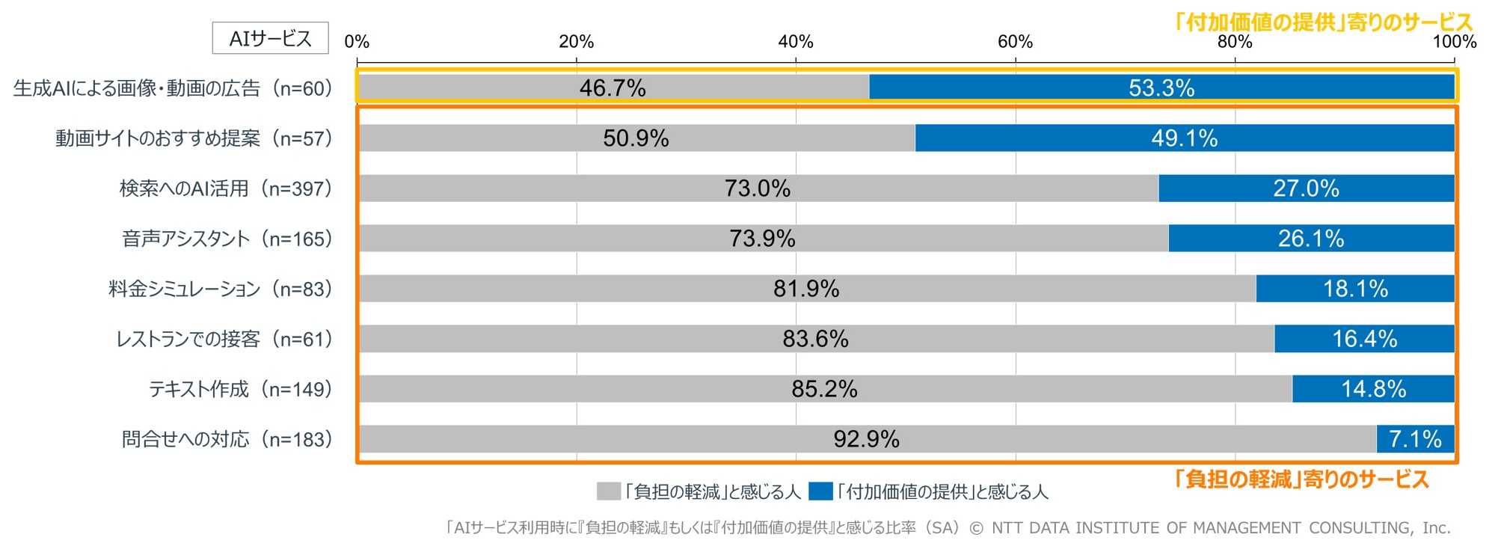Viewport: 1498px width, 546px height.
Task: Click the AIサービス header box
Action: coord(270,38)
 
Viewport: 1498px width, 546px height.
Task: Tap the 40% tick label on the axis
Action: coord(795,42)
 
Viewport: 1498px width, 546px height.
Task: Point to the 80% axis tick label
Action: coord(1234,42)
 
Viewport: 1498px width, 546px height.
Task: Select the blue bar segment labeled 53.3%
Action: coord(1161,88)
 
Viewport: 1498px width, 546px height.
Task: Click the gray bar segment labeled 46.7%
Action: coord(613,88)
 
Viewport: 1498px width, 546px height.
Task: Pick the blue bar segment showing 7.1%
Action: coord(1415,439)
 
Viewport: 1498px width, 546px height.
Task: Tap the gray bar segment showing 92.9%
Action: coord(866,439)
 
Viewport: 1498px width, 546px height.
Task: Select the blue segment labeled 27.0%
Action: coord(1306,188)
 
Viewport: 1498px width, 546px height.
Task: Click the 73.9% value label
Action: coord(762,239)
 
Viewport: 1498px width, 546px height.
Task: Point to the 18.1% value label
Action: coord(1355,289)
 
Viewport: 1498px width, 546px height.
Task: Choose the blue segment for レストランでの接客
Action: coord(1364,339)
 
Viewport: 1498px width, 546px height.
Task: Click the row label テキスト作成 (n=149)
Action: coord(240,389)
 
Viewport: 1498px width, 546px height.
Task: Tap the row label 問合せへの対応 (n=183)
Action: coord(227,439)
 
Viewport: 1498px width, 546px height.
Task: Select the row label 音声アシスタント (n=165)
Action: coord(227,239)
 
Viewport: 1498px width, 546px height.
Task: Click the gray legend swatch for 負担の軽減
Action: coord(609,491)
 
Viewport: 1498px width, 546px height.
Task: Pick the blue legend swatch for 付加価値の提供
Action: coord(820,491)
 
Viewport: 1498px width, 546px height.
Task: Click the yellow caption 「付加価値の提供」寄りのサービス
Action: coord(1322,22)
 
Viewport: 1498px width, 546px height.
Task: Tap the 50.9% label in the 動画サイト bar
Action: coord(636,138)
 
